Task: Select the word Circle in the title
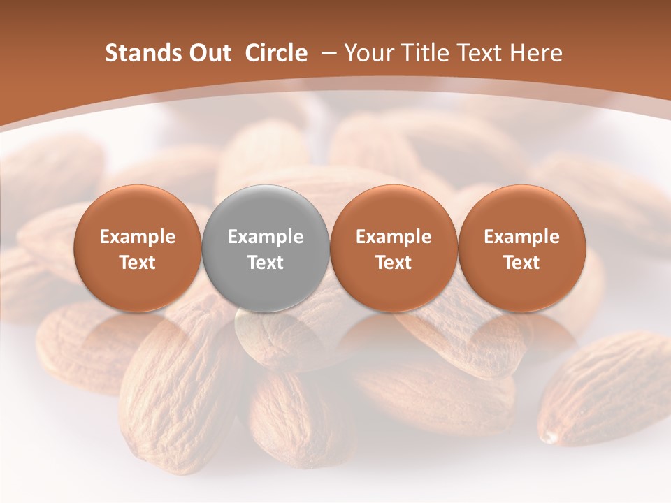[276, 53]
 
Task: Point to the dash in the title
[325, 53]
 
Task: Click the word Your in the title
[368, 53]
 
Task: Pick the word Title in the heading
[421, 53]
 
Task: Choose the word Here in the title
[534, 53]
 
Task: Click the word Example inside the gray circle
[266, 237]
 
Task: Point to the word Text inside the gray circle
[266, 263]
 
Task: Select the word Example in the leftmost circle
[137, 237]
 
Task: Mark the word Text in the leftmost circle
[137, 263]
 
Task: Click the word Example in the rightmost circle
[521, 237]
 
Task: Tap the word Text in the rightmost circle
[521, 263]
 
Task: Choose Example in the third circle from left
[394, 237]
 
